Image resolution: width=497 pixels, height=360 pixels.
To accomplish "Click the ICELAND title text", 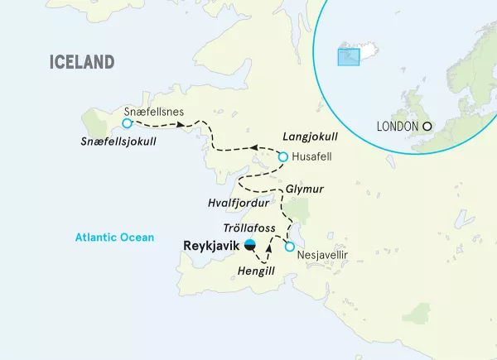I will [81, 62].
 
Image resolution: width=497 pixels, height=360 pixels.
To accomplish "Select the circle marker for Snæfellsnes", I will [126, 123].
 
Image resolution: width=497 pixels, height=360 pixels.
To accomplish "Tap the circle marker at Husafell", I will [282, 156].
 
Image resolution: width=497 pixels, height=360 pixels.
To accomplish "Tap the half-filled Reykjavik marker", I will [250, 245].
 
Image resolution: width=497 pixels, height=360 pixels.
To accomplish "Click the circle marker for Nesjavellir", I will [289, 247].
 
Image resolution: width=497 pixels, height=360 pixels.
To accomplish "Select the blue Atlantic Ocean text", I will [113, 238].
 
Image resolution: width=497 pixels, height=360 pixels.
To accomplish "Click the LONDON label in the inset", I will [397, 127].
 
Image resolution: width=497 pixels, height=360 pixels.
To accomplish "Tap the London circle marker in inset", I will [427, 127].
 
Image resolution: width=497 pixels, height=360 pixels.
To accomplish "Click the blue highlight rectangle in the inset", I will [347, 56].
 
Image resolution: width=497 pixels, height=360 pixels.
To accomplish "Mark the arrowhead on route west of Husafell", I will [255, 148].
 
